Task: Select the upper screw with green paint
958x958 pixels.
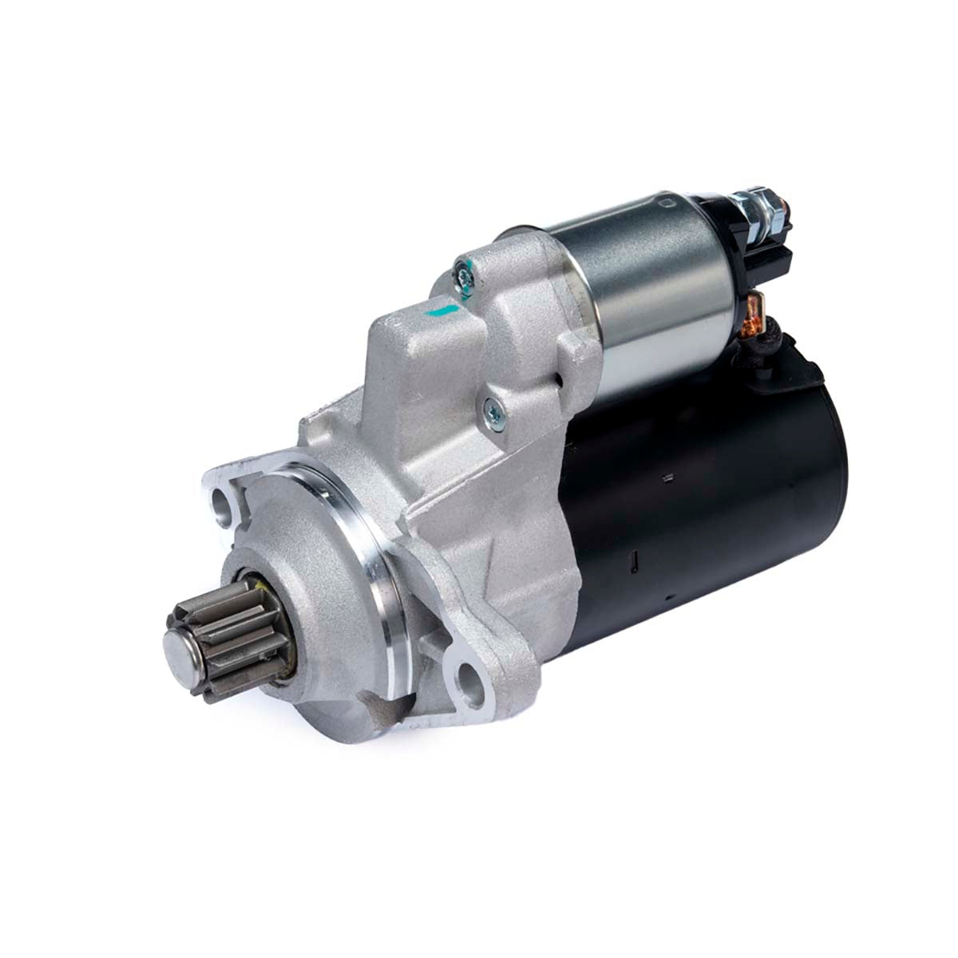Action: click(463, 275)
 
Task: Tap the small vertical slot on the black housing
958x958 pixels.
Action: click(633, 563)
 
